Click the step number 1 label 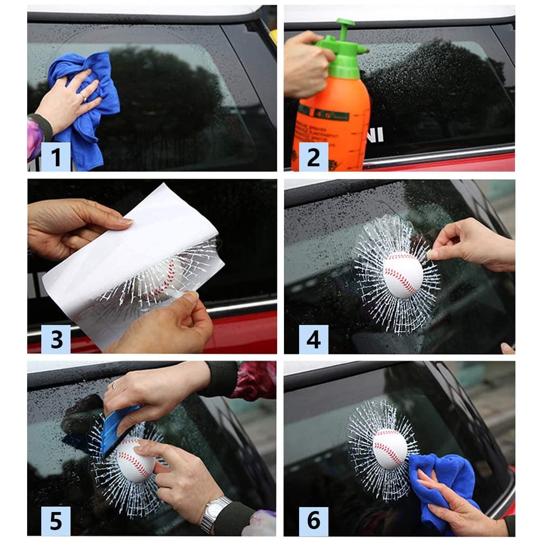coord(56,157)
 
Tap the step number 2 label coord(313,157)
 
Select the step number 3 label coord(56,339)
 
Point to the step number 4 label coord(313,339)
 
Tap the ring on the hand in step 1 coord(82,96)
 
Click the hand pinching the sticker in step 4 coord(472,244)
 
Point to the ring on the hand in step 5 coord(114,386)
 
